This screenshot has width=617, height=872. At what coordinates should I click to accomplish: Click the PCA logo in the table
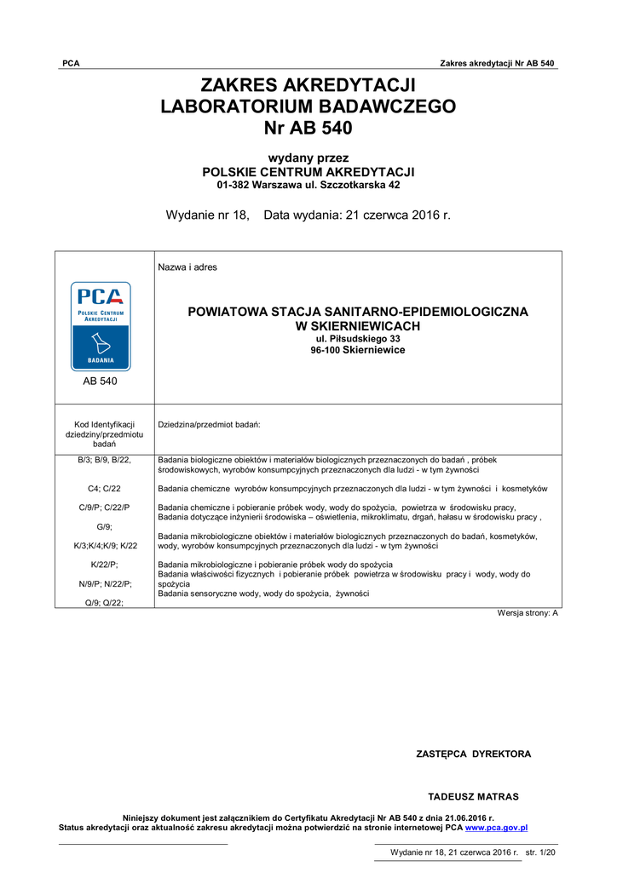[101, 326]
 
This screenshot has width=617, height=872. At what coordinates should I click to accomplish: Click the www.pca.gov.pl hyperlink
[496, 827]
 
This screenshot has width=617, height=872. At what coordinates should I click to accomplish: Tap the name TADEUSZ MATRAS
[473, 797]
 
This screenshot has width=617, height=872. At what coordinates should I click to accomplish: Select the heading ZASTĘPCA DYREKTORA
[473, 754]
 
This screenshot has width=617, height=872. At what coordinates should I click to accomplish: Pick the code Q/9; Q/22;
[104, 602]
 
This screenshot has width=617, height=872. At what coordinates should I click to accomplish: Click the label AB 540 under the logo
[101, 381]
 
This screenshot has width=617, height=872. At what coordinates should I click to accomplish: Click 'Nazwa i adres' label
[187, 267]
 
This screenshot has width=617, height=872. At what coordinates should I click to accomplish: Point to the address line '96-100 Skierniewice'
[357, 350]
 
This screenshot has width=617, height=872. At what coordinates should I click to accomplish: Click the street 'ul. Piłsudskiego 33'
[357, 339]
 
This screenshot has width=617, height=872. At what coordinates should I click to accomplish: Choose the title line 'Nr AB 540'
[308, 129]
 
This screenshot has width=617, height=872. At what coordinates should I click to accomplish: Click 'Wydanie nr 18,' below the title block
[207, 215]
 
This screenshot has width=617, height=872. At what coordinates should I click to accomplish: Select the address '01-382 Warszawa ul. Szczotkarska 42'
[308, 184]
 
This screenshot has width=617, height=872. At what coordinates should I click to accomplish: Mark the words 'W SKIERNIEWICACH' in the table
[357, 326]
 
